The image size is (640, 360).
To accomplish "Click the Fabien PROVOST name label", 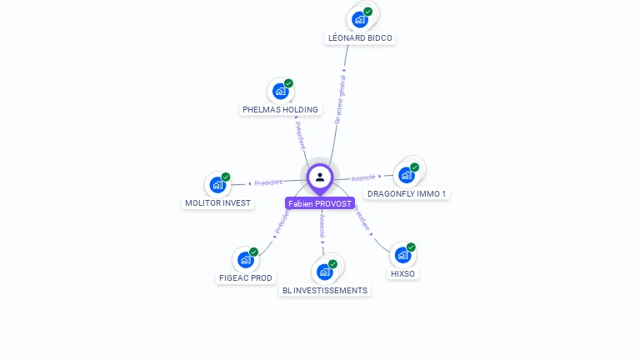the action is pyautogui.click(x=320, y=203).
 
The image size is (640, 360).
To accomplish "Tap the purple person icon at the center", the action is pyautogui.click(x=320, y=177).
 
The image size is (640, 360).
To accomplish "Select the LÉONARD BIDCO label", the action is pyautogui.click(x=360, y=37).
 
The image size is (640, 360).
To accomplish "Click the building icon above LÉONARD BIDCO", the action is pyautogui.click(x=360, y=19).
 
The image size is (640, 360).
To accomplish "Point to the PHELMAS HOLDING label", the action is pyautogui.click(x=280, y=109).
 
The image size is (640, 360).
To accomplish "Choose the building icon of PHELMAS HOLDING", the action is pyautogui.click(x=281, y=91).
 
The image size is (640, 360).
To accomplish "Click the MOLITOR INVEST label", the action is pyautogui.click(x=217, y=202).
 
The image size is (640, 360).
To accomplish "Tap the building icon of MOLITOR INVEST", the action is pyautogui.click(x=217, y=184).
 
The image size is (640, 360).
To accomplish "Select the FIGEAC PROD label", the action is pyautogui.click(x=245, y=277).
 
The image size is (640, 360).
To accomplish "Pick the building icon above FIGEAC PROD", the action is pyautogui.click(x=245, y=259).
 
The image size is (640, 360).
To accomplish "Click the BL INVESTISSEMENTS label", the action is pyautogui.click(x=324, y=290).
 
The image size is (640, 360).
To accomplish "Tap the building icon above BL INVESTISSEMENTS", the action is pyautogui.click(x=325, y=272).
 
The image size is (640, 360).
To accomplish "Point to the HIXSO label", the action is pyautogui.click(x=402, y=273).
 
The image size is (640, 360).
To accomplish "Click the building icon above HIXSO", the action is pyautogui.click(x=402, y=255).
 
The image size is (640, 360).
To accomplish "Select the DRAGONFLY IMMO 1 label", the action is pyautogui.click(x=407, y=193).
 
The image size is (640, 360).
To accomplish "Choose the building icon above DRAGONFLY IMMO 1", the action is pyautogui.click(x=407, y=174).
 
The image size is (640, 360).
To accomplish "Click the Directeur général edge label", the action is pyautogui.click(x=339, y=99).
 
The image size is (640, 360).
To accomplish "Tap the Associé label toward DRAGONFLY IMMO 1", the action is pyautogui.click(x=363, y=177).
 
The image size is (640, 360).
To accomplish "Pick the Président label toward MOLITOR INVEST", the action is pyautogui.click(x=268, y=182).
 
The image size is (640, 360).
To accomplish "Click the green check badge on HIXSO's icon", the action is pyautogui.click(x=411, y=247).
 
